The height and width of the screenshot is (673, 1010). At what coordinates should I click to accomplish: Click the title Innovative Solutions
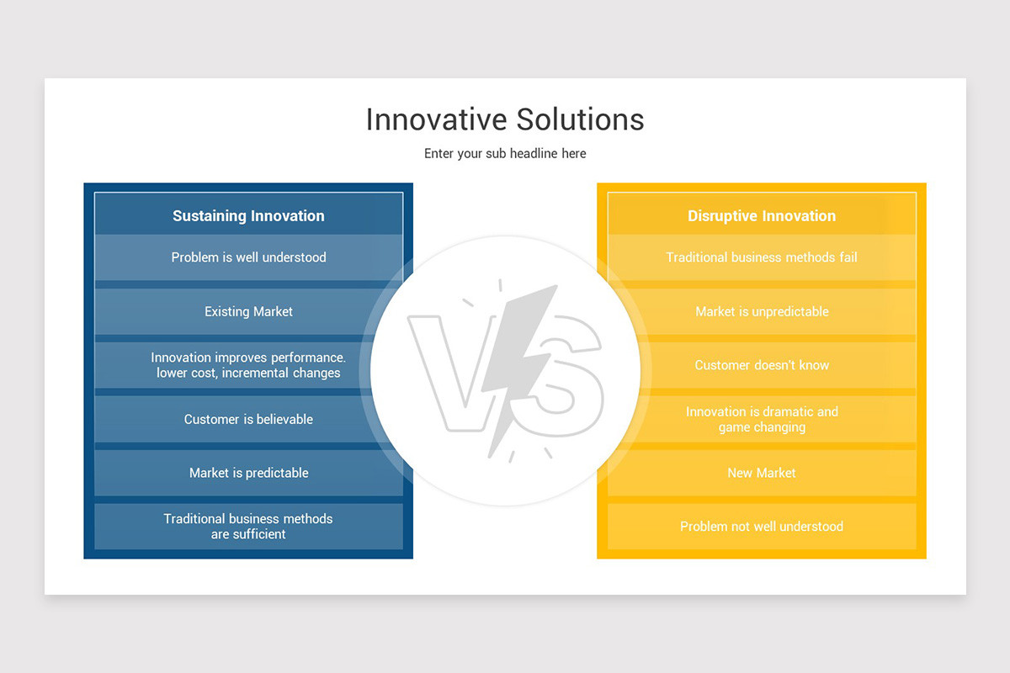click(504, 119)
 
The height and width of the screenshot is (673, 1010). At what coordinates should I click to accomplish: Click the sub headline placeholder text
click(504, 154)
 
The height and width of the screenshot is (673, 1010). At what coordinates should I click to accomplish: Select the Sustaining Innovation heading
click(248, 216)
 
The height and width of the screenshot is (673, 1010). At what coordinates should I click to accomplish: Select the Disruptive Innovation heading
click(761, 216)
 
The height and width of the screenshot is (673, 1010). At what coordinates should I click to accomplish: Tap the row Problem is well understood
click(248, 257)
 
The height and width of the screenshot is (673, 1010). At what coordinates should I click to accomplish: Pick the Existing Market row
click(248, 311)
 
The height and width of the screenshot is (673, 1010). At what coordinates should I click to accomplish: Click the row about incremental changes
click(248, 365)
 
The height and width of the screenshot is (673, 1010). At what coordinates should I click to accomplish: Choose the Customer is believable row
click(248, 419)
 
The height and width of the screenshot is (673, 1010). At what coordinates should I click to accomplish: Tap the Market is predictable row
click(248, 473)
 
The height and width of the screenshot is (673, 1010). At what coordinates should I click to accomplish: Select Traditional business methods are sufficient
click(248, 527)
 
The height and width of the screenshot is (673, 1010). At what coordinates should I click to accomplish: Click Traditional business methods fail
click(761, 257)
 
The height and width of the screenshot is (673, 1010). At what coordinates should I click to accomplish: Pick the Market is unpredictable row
click(761, 311)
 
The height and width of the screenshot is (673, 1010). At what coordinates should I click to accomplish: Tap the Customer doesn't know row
click(761, 365)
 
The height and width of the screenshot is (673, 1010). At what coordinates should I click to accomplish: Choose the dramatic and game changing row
click(761, 419)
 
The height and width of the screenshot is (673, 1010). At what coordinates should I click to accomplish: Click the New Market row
click(761, 473)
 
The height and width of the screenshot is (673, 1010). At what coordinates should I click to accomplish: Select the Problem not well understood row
click(761, 527)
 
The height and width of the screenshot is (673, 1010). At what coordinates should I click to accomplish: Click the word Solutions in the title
click(580, 119)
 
